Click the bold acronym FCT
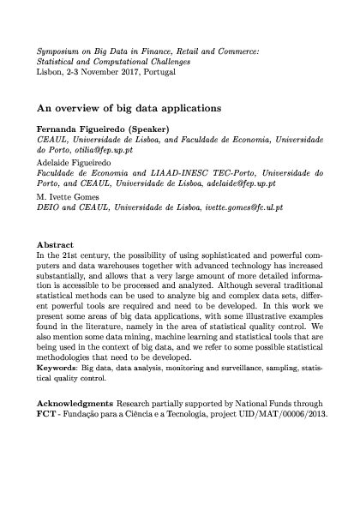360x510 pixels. (x=50, y=413)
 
